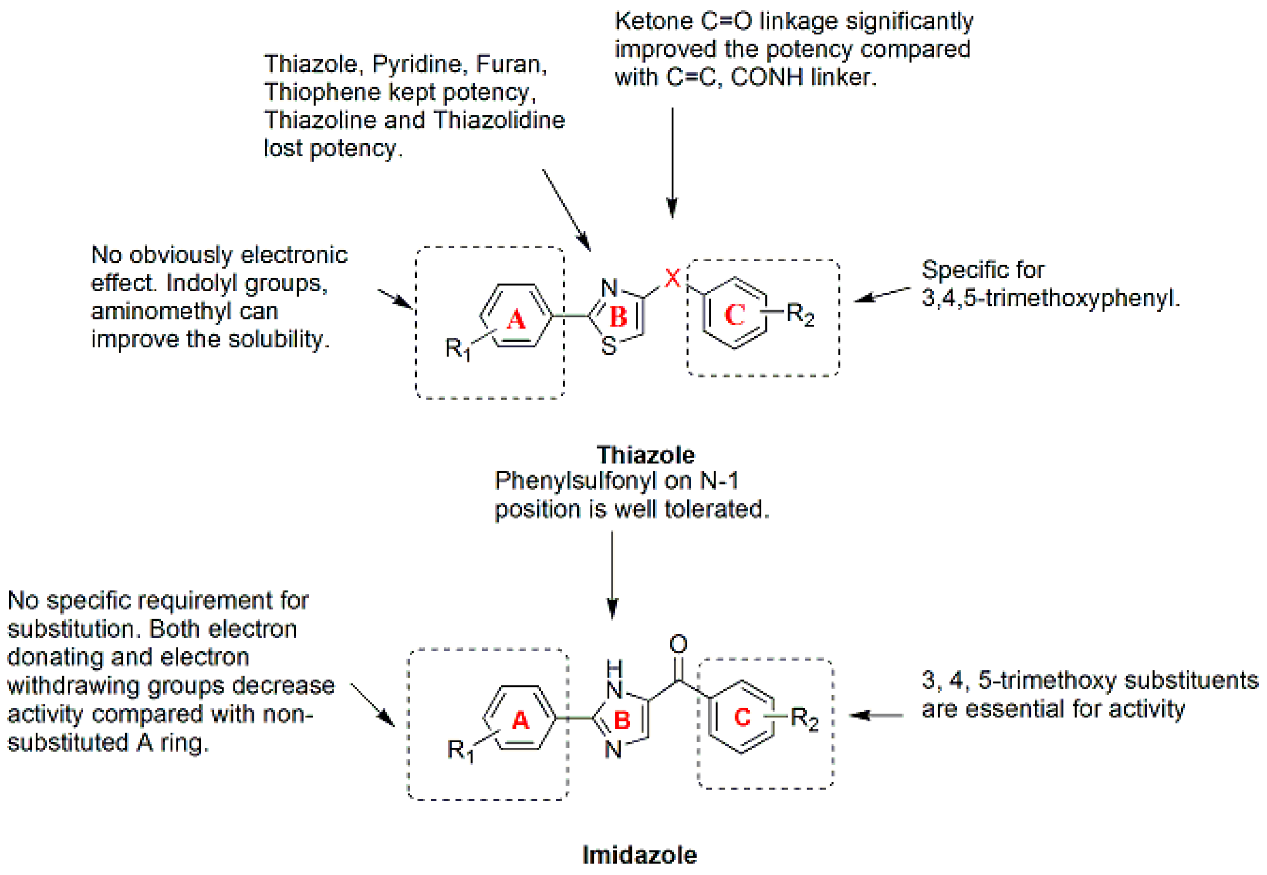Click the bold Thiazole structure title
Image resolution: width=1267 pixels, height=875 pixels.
coord(645,455)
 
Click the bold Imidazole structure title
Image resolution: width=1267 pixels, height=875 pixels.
coord(639,855)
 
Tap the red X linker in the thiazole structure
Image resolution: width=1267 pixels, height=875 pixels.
coord(672,278)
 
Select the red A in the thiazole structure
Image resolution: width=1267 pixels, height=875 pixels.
coord(516,319)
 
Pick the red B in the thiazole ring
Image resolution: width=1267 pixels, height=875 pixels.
coord(618,317)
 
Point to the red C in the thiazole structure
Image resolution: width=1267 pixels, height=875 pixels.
coord(735,315)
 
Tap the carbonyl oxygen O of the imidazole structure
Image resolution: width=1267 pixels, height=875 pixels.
coord(679,644)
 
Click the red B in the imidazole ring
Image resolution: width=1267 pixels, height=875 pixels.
coord(622,720)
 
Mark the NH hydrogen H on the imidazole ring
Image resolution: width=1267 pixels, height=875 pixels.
coord(614,668)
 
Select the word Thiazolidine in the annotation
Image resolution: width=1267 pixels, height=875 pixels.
coord(499,120)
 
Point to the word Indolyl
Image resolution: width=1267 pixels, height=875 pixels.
coord(201,284)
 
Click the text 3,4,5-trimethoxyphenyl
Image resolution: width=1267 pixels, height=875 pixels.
coord(1051,298)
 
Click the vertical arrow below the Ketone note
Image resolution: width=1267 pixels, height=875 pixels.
coord(672,163)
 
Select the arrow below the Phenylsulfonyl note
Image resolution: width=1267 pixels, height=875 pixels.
coord(612,575)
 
